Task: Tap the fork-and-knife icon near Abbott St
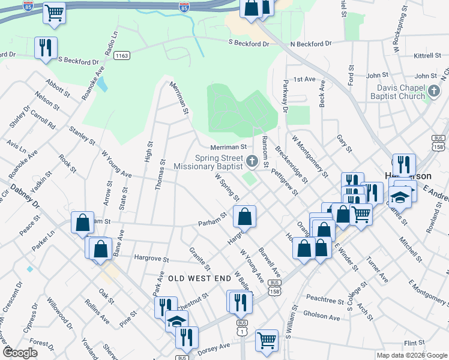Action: pyautogui.click(x=46, y=48)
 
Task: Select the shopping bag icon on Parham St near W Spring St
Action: pyautogui.click(x=244, y=217)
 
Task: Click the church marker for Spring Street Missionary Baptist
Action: pyautogui.click(x=252, y=160)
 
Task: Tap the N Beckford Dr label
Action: pyautogui.click(x=310, y=44)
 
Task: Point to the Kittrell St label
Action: pyautogui.click(x=427, y=56)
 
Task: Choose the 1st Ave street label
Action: pyautogui.click(x=304, y=79)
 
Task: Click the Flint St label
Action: pyautogui.click(x=414, y=343)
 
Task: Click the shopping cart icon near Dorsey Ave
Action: pyautogui.click(x=267, y=340)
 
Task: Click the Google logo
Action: pyautogui.click(x=20, y=353)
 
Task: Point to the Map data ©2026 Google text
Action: pyautogui.click(x=411, y=355)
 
